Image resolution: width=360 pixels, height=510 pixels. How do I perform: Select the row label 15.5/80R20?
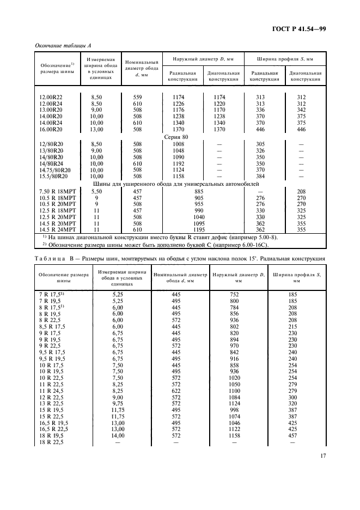click(x=53, y=177)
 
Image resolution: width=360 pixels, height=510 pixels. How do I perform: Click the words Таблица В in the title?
click(x=53, y=258)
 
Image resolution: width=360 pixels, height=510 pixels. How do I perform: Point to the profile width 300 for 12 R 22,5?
click(x=292, y=398)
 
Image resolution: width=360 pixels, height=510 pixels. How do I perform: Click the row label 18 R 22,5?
click(x=51, y=443)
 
